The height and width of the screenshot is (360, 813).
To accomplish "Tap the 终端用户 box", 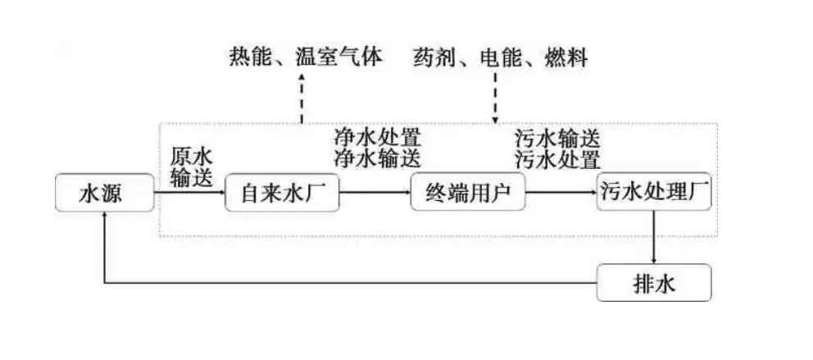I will coord(468,194).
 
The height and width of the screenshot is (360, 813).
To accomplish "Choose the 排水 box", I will coord(653,283).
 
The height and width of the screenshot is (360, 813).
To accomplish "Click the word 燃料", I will coord(565,58).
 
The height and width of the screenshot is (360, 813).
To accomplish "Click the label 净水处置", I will coord(376,135).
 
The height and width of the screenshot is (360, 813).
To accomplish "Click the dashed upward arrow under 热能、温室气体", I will coord(302,98).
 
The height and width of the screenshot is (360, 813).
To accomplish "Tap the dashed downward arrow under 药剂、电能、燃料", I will coord(496,98).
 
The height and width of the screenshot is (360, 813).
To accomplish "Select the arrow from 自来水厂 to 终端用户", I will coord(375,194).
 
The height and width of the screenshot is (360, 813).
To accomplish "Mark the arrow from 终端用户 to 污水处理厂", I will coord(561,194).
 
